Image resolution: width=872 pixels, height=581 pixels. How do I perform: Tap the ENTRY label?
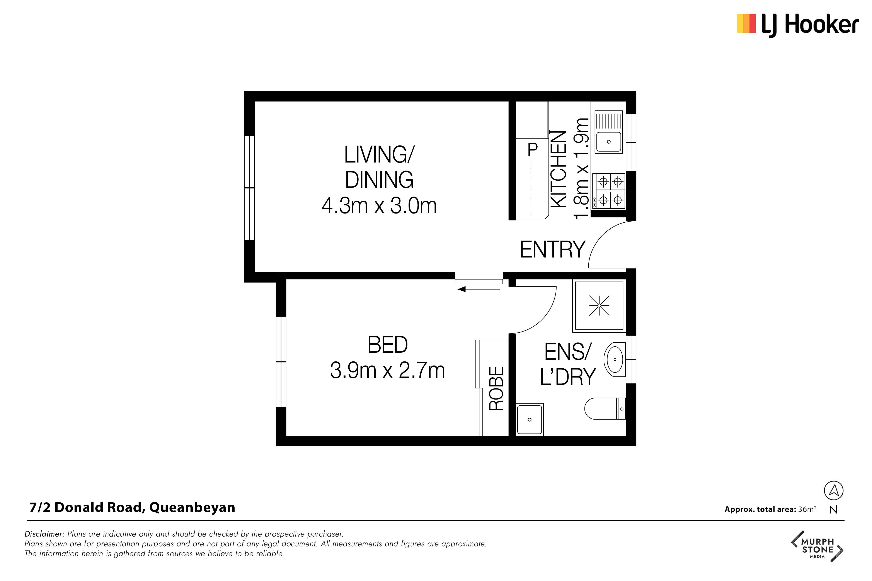[552, 249]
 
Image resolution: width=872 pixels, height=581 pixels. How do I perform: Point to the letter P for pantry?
[532, 149]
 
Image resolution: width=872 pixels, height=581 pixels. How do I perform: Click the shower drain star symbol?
[599, 305]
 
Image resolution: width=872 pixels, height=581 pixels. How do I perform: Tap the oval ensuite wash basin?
[614, 359]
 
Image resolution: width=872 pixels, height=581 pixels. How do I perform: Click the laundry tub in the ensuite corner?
[530, 419]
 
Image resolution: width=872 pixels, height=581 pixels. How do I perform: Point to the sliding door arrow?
[479, 289]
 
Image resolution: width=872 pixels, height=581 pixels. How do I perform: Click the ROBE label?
[496, 388]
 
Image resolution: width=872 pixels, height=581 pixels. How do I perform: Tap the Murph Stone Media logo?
[817, 546]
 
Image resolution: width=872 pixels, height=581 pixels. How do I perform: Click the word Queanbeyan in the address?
[192, 508]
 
